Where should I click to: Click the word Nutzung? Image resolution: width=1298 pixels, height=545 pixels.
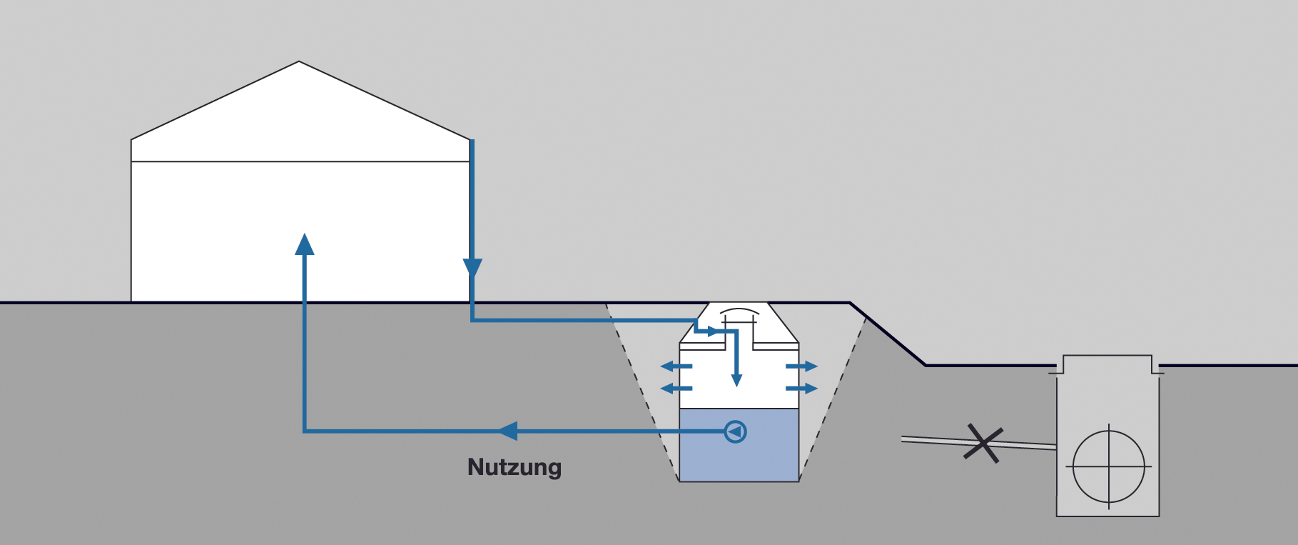(x=514, y=467)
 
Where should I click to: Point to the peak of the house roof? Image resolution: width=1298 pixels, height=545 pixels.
(x=299, y=63)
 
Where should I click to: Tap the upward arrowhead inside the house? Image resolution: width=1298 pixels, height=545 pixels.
(x=305, y=244)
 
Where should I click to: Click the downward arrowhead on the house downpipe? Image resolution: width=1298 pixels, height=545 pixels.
(x=472, y=269)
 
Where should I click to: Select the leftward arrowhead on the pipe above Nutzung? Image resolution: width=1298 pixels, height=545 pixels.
(x=508, y=431)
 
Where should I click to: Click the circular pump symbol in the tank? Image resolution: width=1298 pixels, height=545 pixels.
(x=735, y=431)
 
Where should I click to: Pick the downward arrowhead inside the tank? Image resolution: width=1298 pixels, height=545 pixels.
(x=737, y=379)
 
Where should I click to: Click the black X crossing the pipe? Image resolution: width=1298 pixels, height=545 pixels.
(x=983, y=443)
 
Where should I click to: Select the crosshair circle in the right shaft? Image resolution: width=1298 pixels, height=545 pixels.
(x=1109, y=466)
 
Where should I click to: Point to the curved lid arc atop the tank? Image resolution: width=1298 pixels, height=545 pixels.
(x=739, y=312)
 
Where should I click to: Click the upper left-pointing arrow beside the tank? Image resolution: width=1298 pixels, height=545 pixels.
(x=676, y=366)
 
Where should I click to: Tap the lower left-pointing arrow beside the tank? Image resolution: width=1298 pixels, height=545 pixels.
(x=676, y=389)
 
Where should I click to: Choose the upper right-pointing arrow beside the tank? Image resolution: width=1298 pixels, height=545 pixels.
(x=802, y=366)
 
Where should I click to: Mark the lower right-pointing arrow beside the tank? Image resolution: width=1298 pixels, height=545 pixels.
(x=802, y=389)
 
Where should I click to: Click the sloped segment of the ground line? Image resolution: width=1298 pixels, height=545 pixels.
(x=888, y=334)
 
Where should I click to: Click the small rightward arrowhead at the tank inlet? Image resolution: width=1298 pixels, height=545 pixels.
(x=712, y=331)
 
